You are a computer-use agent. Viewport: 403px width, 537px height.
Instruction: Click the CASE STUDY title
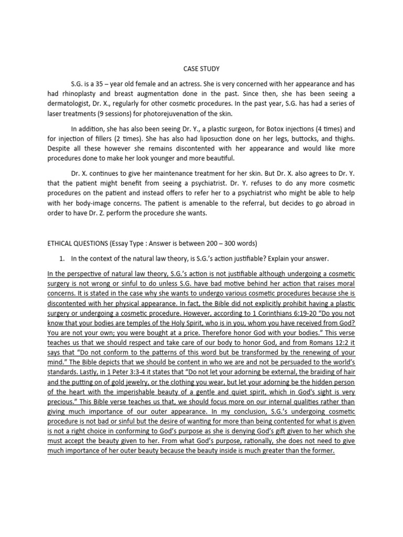(201, 69)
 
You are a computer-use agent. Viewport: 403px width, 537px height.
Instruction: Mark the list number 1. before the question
(61, 259)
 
